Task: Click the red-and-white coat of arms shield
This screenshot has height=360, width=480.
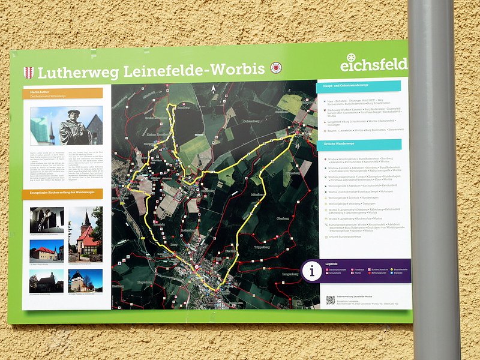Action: point(28,73)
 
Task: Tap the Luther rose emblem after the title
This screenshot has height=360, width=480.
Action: point(275,68)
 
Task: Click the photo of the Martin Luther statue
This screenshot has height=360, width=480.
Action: point(67,127)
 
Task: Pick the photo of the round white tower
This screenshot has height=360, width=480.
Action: point(85,280)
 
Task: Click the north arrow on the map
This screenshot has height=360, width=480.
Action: point(212,90)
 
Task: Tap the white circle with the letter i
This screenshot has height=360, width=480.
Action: point(312,271)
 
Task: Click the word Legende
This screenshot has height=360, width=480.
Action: point(332,263)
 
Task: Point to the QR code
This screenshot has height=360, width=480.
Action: point(330,299)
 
